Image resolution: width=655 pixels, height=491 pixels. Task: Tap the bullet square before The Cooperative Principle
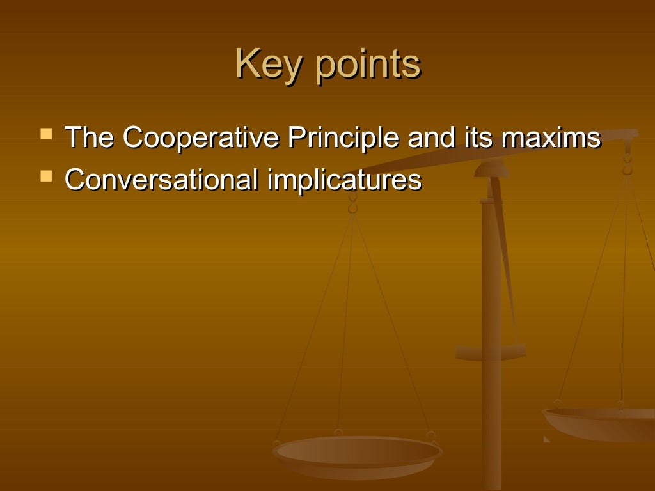click(46, 134)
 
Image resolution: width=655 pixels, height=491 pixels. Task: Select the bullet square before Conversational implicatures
click(46, 174)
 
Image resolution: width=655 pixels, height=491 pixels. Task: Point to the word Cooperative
click(200, 139)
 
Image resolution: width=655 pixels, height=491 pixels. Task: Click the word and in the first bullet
click(429, 137)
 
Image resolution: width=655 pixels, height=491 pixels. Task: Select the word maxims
click(548, 137)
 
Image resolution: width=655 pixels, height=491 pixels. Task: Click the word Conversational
click(162, 179)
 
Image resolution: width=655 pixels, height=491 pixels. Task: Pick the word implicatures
click(345, 180)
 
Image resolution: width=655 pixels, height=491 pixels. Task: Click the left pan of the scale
click(357, 455)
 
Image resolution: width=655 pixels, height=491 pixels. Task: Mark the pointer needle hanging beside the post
click(505, 256)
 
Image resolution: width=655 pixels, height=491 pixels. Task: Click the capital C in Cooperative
click(132, 137)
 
